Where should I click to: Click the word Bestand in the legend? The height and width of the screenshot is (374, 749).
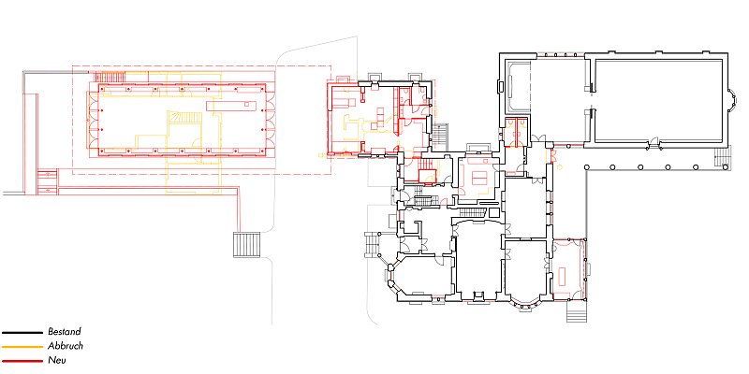click(65, 332)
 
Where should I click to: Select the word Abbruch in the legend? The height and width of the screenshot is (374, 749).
click(66, 346)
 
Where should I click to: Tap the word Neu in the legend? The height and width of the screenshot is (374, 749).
click(57, 360)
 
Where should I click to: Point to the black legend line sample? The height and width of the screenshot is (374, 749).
click(22, 333)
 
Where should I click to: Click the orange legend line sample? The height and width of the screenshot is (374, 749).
click(22, 347)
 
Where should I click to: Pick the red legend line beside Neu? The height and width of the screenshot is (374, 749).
click(22, 361)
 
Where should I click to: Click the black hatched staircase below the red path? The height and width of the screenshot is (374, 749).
click(246, 245)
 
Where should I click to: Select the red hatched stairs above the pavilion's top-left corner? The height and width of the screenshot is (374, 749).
click(110, 77)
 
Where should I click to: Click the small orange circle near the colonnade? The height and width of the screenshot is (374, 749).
click(559, 167)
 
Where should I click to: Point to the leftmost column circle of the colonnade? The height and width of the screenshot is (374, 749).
click(586, 167)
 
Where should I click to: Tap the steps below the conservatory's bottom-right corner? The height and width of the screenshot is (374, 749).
click(576, 312)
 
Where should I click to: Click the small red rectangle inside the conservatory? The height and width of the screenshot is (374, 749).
click(562, 276)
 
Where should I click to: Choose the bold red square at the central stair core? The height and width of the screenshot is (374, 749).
click(425, 176)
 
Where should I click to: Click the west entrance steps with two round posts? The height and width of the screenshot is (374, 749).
click(372, 244)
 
